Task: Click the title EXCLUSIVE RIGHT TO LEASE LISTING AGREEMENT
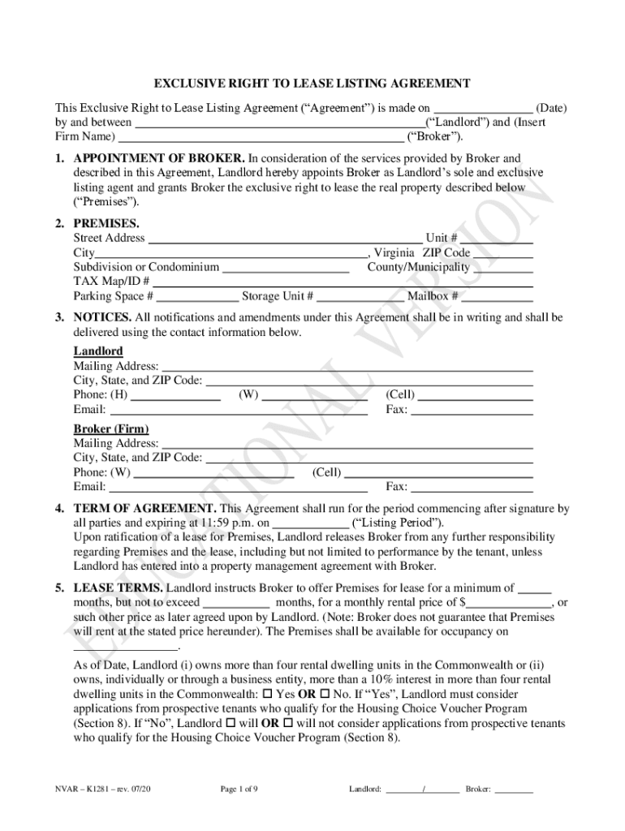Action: tap(312, 84)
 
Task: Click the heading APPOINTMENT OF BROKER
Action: tap(159, 158)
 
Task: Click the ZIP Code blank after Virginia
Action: tap(502, 253)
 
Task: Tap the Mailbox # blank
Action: tap(498, 296)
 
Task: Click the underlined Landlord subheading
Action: tap(98, 351)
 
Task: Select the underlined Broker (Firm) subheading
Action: tap(111, 428)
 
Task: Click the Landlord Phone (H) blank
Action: tap(175, 395)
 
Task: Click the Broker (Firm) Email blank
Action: tap(238, 487)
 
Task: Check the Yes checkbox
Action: tap(269, 695)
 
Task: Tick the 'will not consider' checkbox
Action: tap(288, 723)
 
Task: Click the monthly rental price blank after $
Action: tap(509, 603)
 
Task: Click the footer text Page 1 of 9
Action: tap(239, 788)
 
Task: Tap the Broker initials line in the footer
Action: tap(514, 788)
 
